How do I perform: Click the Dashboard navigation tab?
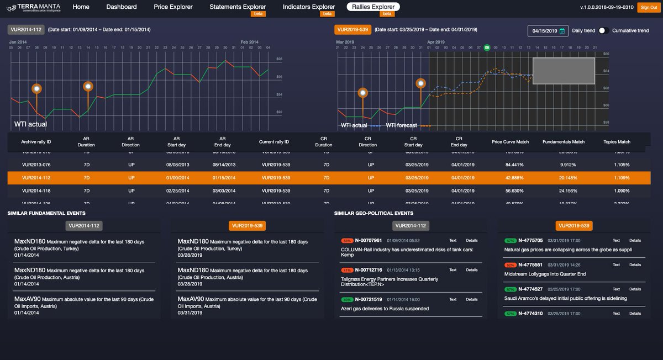[x=121, y=7]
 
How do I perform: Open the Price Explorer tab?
[x=173, y=7]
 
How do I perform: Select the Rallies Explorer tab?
[x=375, y=7]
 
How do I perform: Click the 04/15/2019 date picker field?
[x=548, y=31]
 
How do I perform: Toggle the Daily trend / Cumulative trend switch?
[x=603, y=31]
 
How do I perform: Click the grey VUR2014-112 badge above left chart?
[x=26, y=30]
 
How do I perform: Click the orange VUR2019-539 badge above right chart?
[x=352, y=30]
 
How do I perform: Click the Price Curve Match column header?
[x=510, y=142]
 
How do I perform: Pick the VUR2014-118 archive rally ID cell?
[x=36, y=190]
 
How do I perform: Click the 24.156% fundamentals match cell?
[x=564, y=190]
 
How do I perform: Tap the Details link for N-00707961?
[x=471, y=241]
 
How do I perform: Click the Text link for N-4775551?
[x=616, y=265]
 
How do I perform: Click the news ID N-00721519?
[x=368, y=299]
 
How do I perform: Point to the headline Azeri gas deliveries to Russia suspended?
[x=385, y=309]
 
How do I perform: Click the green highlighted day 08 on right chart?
[x=487, y=47]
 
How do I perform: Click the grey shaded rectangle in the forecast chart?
[x=564, y=71]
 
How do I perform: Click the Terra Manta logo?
[x=34, y=8]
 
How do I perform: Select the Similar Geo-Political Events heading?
[x=373, y=213]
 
